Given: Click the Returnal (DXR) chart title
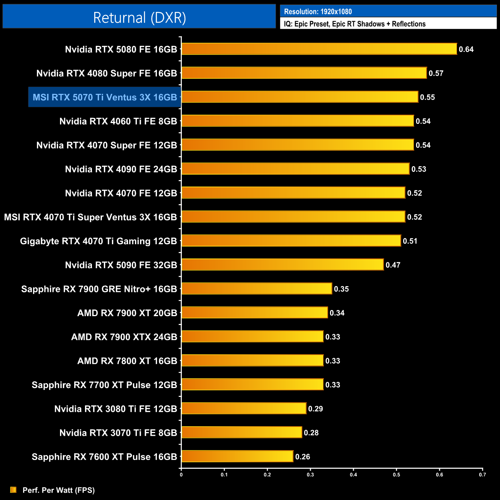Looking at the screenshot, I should point(139,18).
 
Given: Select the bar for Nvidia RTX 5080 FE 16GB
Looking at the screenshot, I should point(319,49).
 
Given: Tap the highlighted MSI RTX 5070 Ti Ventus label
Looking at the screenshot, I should point(105,97).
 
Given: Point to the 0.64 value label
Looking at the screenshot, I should point(466,49).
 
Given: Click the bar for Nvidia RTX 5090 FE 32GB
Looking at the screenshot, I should point(282,265).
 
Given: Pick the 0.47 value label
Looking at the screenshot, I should point(393,265).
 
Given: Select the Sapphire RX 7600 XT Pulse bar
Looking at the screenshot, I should point(237,456).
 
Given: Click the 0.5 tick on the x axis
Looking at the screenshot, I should point(396,475).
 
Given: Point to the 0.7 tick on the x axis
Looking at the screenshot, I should point(482,475).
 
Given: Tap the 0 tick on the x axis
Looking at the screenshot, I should point(181,475).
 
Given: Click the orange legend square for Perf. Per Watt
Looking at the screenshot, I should point(13,490).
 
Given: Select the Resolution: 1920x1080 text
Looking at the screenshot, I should point(318,12).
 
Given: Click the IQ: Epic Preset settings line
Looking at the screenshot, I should point(355,24).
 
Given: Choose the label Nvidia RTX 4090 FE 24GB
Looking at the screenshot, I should point(121,169).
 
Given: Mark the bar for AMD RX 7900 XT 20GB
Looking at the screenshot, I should point(255,312).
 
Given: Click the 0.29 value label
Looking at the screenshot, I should point(315,409).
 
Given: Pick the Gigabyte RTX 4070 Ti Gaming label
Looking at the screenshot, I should point(98,241).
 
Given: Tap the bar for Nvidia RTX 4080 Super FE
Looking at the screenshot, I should point(304,73).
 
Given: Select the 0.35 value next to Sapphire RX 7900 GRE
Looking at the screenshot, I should point(341,289).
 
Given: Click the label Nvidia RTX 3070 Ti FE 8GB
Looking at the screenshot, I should point(118,433).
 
